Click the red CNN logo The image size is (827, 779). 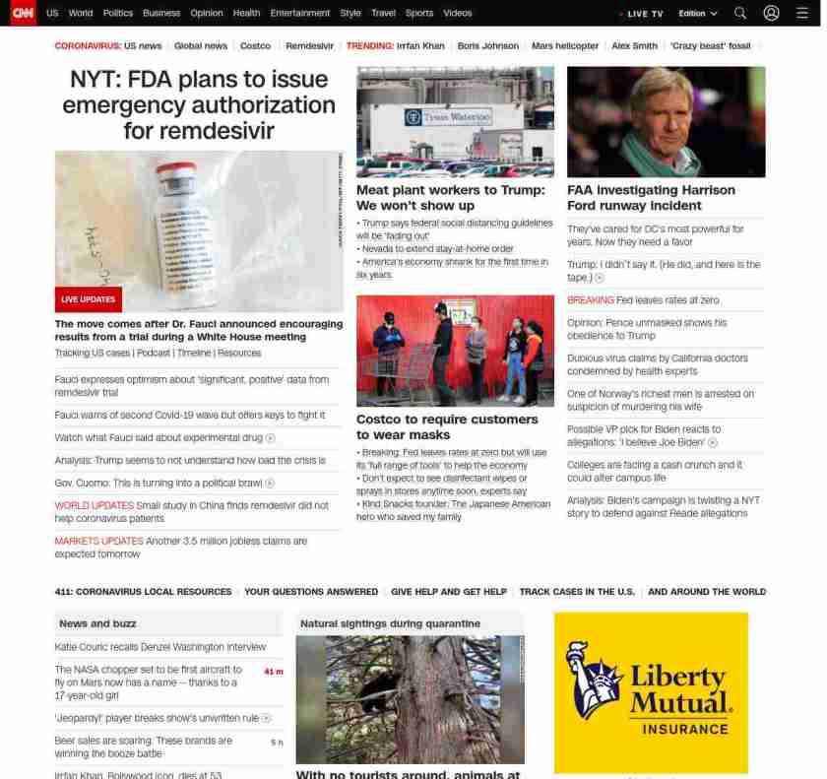23,13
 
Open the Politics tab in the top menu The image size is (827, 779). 117,13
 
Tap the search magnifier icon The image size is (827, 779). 740,13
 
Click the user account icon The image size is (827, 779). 771,13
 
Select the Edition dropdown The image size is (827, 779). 697,14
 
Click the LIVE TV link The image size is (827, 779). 644,14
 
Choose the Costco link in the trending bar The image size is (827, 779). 255,46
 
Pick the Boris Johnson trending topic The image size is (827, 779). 487,46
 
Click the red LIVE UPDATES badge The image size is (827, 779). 89,299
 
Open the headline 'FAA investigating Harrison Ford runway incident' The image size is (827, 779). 651,197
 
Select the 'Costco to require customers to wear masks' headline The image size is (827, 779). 447,426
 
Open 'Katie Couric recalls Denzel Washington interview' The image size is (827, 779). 160,647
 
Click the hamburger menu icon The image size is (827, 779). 801,13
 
